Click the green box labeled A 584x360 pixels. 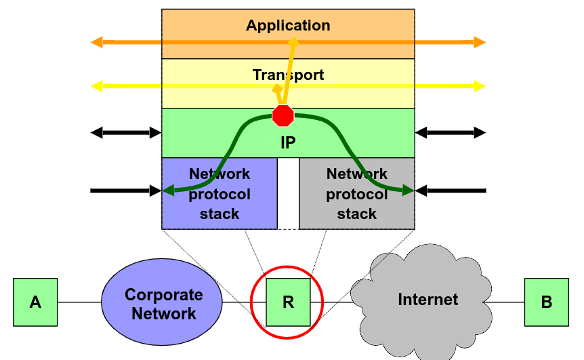pyautogui.click(x=35, y=302)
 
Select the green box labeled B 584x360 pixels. pyautogui.click(x=546, y=302)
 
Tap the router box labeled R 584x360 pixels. pyautogui.click(x=288, y=301)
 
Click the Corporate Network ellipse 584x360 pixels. pyautogui.click(x=163, y=303)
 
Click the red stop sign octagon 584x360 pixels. pyautogui.click(x=283, y=116)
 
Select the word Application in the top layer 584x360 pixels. pyautogui.click(x=288, y=26)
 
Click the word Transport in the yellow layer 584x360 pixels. pyautogui.click(x=288, y=75)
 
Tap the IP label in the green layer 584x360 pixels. pyautogui.click(x=288, y=143)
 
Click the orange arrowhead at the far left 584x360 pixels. pyautogui.click(x=97, y=43)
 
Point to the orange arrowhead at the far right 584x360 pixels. pyautogui.click(x=480, y=43)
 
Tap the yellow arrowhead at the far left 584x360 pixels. pyautogui.click(x=97, y=86)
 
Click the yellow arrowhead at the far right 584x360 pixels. pyautogui.click(x=480, y=86)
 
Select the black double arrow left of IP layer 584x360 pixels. pyautogui.click(x=127, y=133)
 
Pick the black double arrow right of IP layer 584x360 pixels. pyautogui.click(x=451, y=133)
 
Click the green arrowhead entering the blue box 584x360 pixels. pyautogui.click(x=169, y=191)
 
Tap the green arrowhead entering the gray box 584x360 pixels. pyautogui.click(x=408, y=191)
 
